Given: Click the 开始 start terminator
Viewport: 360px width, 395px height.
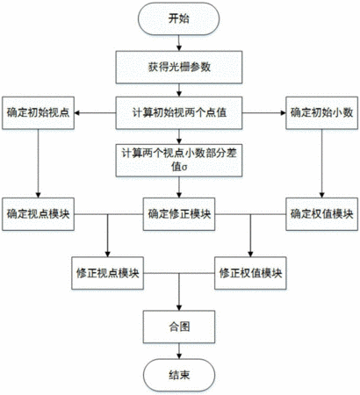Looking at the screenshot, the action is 179,18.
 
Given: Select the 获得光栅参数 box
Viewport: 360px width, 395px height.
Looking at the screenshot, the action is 179,67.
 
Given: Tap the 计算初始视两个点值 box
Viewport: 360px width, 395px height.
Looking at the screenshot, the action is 179,113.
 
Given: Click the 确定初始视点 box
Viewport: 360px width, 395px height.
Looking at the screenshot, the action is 38,113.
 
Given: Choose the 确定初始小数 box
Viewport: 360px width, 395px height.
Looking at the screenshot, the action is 321,113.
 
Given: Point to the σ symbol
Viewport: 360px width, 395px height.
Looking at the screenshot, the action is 184,168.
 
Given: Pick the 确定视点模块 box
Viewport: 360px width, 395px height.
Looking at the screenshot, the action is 38,214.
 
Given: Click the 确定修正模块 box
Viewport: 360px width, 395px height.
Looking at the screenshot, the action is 179,214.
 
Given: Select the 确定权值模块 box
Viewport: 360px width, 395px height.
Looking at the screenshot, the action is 321,214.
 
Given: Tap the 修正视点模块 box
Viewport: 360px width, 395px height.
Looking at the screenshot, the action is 107,273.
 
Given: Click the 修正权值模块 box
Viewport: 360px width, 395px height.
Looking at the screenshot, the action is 250,273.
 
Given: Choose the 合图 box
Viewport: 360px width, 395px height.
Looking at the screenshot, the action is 179,327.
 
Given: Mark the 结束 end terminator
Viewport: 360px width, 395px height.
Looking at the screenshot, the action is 179,375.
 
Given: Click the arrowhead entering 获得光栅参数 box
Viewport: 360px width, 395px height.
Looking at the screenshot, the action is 179,48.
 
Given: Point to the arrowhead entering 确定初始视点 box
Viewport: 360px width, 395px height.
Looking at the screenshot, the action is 77,113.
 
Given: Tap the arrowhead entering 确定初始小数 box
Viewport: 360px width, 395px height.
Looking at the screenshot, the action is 283,113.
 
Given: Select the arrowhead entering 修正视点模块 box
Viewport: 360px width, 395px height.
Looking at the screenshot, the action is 107,255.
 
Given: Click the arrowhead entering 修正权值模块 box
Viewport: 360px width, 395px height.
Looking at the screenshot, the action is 250,255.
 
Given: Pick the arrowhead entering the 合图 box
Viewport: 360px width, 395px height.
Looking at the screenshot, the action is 179,308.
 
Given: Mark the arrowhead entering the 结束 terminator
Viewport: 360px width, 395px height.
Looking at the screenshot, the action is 179,356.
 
